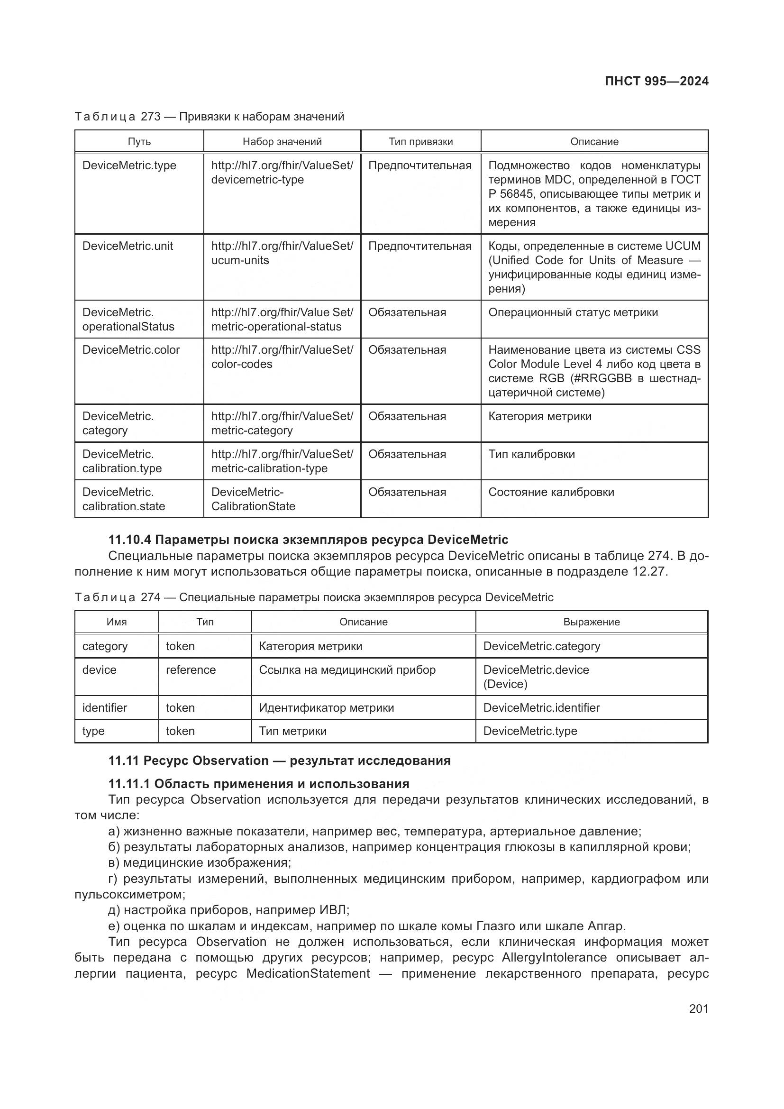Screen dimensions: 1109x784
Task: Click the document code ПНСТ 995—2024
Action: coord(656,81)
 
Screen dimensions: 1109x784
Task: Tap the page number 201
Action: coord(698,1008)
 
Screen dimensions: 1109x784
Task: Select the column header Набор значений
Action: coord(282,141)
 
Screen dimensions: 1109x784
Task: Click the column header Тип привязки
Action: coord(420,141)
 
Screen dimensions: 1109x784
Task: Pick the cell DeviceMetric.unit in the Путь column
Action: coord(128,246)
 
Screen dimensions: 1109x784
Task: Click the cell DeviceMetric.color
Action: coord(131,350)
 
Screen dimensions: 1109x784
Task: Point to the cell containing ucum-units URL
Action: coord(282,253)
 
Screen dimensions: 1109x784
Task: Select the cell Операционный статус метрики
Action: coord(573,312)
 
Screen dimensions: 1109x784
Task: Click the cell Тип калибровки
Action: coord(531,454)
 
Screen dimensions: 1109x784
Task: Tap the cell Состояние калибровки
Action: coord(551,492)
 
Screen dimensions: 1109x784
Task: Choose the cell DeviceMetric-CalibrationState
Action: coord(253,499)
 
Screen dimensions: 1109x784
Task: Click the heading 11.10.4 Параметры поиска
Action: coord(308,540)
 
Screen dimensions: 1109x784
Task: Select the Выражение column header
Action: coord(591,622)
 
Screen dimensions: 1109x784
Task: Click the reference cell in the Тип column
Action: coord(191,670)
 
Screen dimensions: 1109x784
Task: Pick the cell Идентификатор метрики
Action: coord(326,707)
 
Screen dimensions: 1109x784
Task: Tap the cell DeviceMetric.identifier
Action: coord(541,707)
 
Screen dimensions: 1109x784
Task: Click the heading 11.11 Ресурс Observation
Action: coord(279,760)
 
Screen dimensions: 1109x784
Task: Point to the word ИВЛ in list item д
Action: coord(333,910)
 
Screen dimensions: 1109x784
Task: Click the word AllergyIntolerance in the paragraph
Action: coord(554,957)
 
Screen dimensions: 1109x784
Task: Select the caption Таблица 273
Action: coord(209,117)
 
